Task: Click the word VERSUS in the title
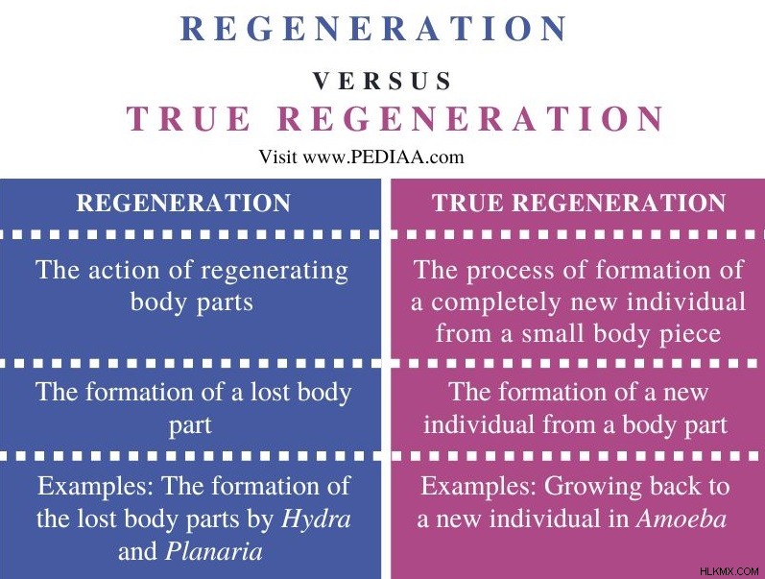point(382,81)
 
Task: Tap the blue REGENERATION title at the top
point(373,29)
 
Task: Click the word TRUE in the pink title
point(188,118)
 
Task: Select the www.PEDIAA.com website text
point(383,157)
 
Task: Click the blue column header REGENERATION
point(183,203)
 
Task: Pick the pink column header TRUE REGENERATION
point(579,203)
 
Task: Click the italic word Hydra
point(316,519)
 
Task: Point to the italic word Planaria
point(214,552)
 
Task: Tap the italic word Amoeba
point(681,519)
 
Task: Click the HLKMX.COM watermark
point(729,570)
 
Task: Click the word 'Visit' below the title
point(277,157)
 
